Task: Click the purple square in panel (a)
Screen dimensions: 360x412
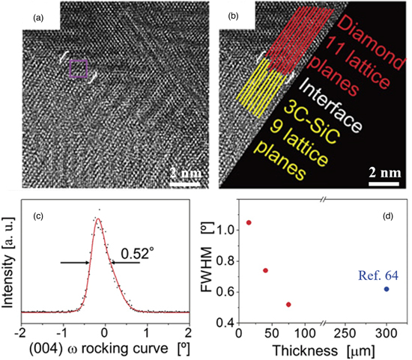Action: point(79,70)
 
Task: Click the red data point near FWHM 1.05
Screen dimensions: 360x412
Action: point(249,222)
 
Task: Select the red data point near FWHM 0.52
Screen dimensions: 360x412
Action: point(288,305)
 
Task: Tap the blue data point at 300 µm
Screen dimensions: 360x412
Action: point(387,289)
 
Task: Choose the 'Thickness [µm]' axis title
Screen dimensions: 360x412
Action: point(318,350)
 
